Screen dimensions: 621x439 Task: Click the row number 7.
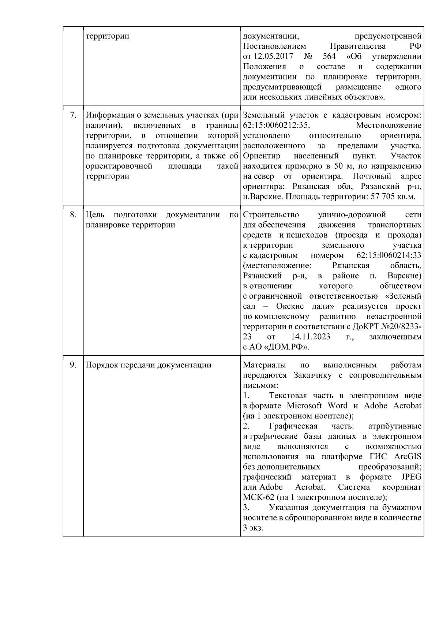pyautogui.click(x=73, y=115)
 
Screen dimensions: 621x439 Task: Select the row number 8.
pyautogui.click(x=73, y=215)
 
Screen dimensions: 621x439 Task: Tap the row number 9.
pyautogui.click(x=73, y=365)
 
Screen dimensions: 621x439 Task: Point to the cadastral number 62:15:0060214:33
pyautogui.click(x=389, y=255)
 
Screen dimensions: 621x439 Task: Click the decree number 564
pyautogui.click(x=329, y=57)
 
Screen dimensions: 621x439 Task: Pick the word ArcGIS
pyautogui.click(x=408, y=457)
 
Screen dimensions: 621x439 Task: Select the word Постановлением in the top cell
pyautogui.click(x=274, y=46)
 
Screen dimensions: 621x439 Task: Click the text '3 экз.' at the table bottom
pyautogui.click(x=253, y=529)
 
